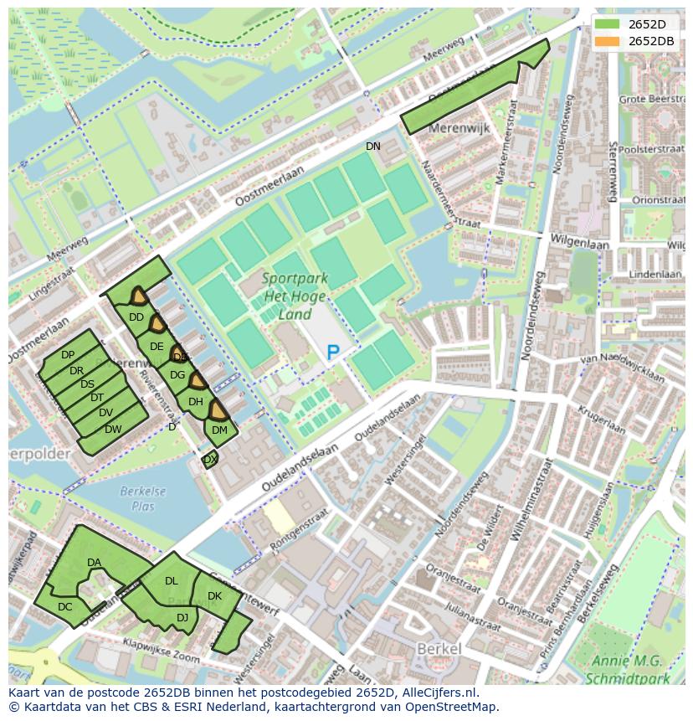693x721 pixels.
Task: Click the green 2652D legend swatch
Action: [608, 24]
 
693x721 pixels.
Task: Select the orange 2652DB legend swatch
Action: [608, 41]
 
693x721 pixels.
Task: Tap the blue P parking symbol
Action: [333, 353]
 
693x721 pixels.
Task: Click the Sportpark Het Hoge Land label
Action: [295, 296]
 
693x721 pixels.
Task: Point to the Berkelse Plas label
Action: [142, 499]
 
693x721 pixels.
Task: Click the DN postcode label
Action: [373, 147]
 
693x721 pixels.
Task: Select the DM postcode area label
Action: [219, 430]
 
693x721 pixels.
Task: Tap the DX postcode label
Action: [210, 460]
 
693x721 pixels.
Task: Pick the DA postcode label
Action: [94, 563]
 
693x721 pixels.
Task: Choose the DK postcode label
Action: [214, 596]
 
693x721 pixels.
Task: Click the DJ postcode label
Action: [182, 618]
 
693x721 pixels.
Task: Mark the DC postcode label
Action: [65, 607]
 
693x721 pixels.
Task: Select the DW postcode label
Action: [113, 430]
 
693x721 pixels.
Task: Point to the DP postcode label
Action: [68, 356]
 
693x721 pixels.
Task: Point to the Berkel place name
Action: [439, 649]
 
